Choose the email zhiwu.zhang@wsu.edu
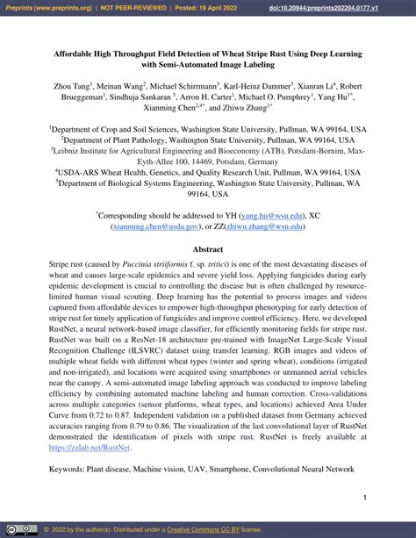pyautogui.click(x=269, y=225)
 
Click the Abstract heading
pyautogui.click(x=208, y=249)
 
